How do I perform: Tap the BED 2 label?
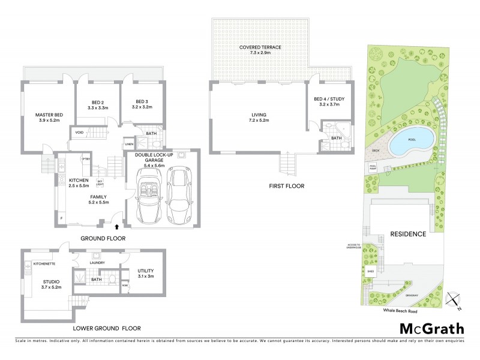(x=97, y=101)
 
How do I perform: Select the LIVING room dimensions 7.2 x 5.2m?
(x=259, y=120)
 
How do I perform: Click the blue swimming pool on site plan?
(x=411, y=142)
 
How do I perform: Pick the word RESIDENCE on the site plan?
(x=407, y=234)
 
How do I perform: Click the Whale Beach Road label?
(x=400, y=311)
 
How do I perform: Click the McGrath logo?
(x=431, y=328)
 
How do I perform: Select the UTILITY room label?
(x=146, y=271)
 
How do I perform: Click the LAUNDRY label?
(x=97, y=263)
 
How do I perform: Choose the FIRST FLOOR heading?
(x=286, y=186)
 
